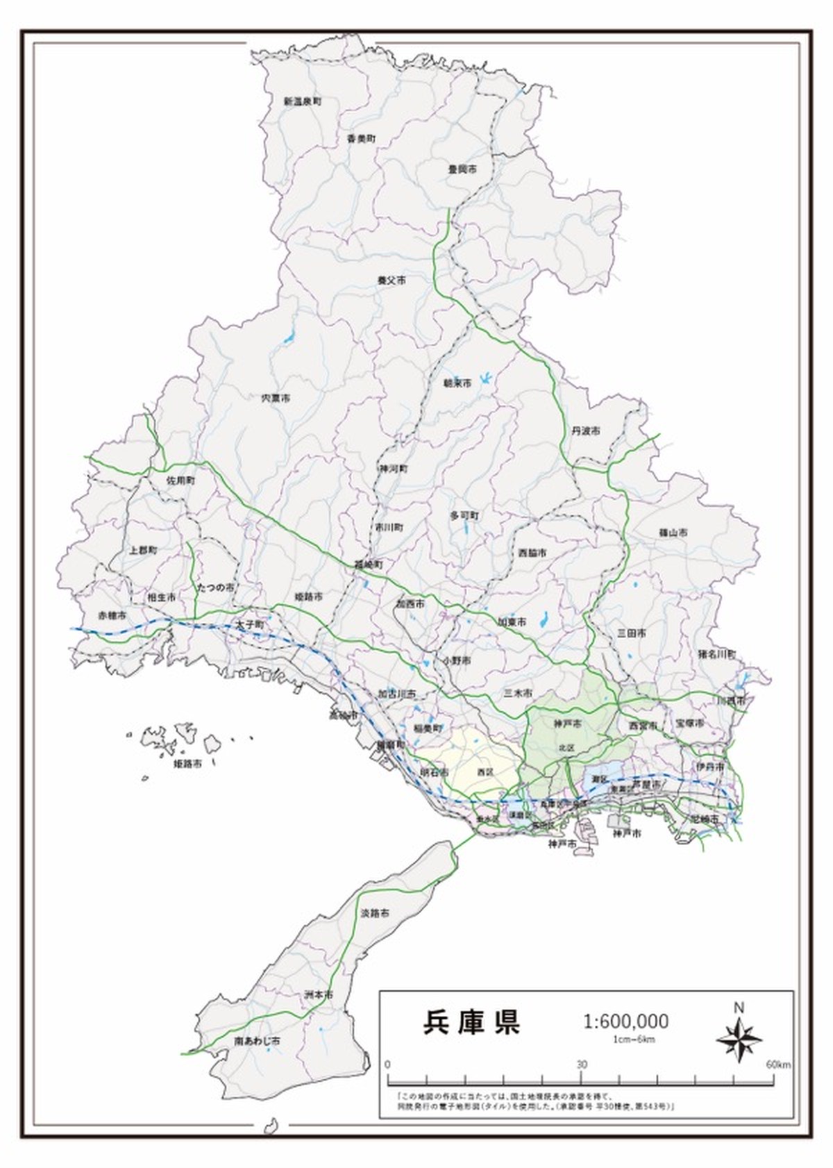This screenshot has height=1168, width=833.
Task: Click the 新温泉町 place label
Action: pyautogui.click(x=302, y=101)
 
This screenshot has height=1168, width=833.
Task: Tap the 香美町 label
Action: pyautogui.click(x=361, y=139)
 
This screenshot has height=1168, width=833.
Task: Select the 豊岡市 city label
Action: pyautogui.click(x=462, y=169)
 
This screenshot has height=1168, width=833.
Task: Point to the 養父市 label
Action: pyautogui.click(x=392, y=281)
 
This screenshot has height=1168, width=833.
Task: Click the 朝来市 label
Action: pyautogui.click(x=457, y=383)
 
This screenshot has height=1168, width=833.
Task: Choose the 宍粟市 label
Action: pyautogui.click(x=276, y=399)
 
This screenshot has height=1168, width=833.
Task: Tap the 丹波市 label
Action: pyautogui.click(x=586, y=431)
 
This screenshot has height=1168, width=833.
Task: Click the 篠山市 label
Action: pyautogui.click(x=673, y=533)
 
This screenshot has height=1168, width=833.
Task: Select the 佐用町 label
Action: pyautogui.click(x=180, y=481)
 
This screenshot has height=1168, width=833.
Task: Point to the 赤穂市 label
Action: pyautogui.click(x=112, y=616)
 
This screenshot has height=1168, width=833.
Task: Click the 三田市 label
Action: pyautogui.click(x=632, y=633)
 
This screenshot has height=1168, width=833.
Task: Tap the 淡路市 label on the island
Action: pyautogui.click(x=375, y=912)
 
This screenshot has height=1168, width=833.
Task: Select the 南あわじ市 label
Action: pyautogui.click(x=257, y=1042)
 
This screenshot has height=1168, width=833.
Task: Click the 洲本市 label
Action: pyautogui.click(x=319, y=995)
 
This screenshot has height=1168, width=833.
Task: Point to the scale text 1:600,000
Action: pyautogui.click(x=625, y=1021)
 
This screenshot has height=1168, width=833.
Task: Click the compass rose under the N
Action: pyautogui.click(x=739, y=1040)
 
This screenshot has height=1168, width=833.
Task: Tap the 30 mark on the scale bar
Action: pyautogui.click(x=581, y=1065)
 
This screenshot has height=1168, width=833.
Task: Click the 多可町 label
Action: pyautogui.click(x=464, y=516)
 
